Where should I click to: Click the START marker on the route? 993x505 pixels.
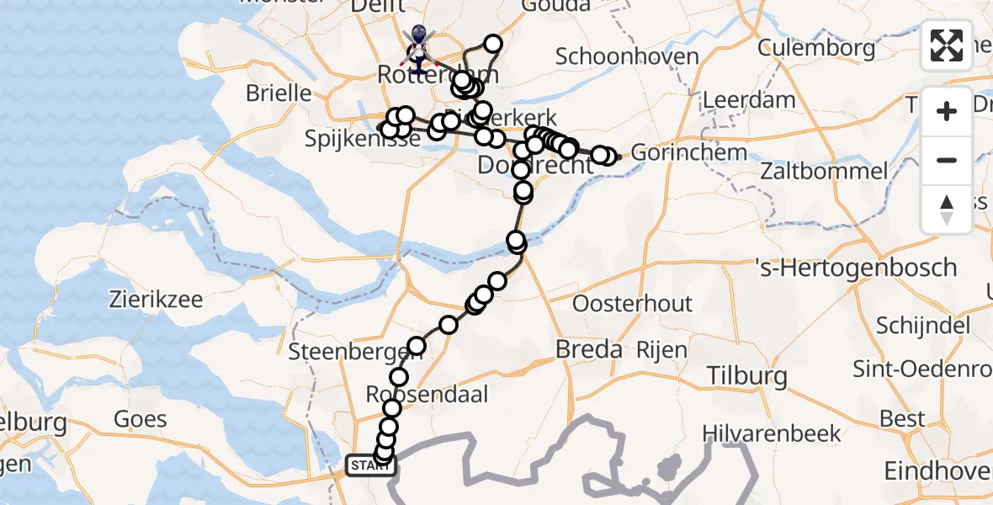[x=370, y=465]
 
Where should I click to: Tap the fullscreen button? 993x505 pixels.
[x=947, y=45]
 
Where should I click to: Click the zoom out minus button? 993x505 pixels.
[x=947, y=161]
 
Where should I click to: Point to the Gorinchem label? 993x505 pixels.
[x=688, y=153]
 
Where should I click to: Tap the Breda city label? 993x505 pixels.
[x=590, y=350]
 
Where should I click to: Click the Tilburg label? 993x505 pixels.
[x=746, y=375]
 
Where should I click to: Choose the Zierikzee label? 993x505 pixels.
[x=157, y=299]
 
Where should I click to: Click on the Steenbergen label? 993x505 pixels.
[x=342, y=353]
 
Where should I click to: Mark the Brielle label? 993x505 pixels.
[x=279, y=92]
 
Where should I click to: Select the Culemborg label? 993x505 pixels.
[x=816, y=48]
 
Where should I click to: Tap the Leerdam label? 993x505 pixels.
[x=748, y=100]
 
